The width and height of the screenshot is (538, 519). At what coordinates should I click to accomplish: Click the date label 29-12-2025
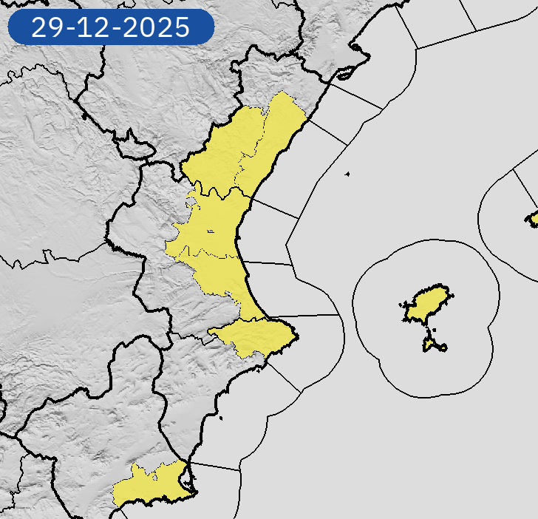pyautogui.click(x=110, y=27)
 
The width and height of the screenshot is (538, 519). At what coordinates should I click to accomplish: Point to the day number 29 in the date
pyautogui.click(x=48, y=27)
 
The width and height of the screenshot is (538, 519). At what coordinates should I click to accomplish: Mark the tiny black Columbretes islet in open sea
pyautogui.click(x=347, y=174)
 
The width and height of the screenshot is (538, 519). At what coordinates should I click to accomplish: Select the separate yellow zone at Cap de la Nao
pyautogui.click(x=255, y=336)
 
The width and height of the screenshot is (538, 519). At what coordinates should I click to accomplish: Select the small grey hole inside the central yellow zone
pyautogui.click(x=211, y=232)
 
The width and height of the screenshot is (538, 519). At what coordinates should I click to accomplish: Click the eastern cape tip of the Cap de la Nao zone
pyautogui.click(x=297, y=336)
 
